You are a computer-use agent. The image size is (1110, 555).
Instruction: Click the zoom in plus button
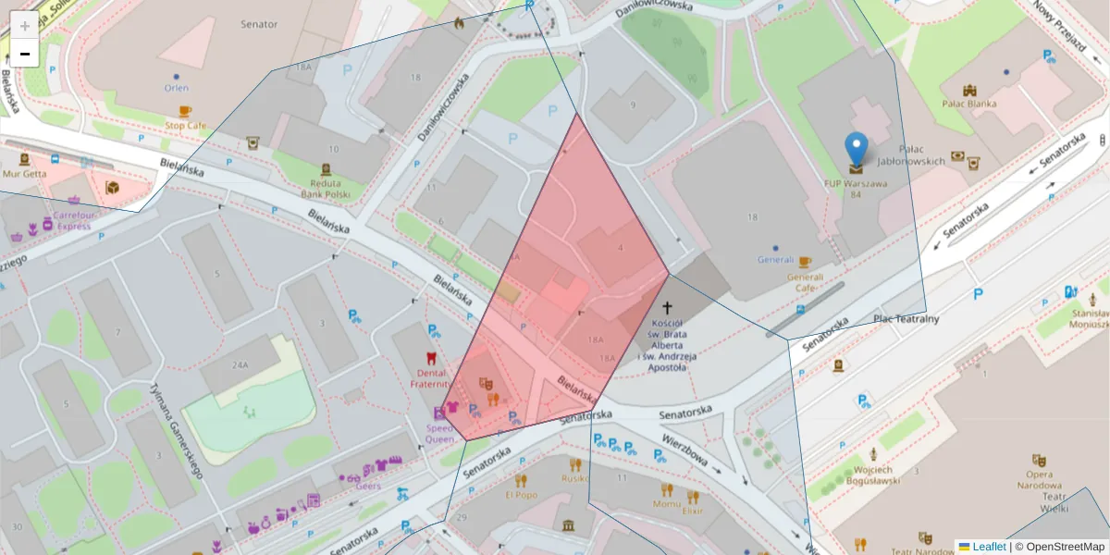(x=25, y=25)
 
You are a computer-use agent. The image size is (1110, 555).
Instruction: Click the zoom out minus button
(x=25, y=54)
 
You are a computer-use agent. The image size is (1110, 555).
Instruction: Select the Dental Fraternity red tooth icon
(x=429, y=357)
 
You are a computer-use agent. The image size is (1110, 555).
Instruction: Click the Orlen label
(x=176, y=89)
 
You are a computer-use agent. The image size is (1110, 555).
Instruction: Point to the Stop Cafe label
(x=185, y=125)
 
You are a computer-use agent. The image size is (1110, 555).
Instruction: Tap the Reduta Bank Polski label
(x=325, y=189)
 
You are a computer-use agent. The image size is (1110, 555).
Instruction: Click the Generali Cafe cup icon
(x=804, y=263)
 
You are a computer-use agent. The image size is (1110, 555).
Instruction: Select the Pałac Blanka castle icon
(x=969, y=91)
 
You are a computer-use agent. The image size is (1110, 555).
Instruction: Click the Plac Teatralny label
(x=906, y=319)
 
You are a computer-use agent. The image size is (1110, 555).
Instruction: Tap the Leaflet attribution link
(x=988, y=547)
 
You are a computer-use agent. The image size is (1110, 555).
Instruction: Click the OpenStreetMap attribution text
(x=1059, y=547)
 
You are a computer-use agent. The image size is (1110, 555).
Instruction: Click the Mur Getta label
(x=24, y=173)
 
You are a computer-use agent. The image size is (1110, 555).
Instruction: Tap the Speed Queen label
(x=440, y=435)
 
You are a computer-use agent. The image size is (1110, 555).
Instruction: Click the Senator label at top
(x=258, y=24)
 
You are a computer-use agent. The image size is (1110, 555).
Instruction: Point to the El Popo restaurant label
(x=521, y=495)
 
